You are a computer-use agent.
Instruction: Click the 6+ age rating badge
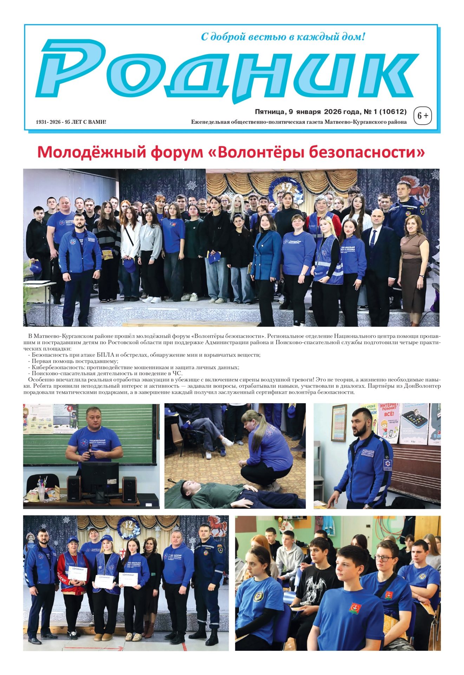[423, 115]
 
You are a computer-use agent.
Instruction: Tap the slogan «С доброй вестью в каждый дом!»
[283, 37]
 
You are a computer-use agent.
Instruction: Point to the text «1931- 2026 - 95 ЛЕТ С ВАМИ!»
[71, 122]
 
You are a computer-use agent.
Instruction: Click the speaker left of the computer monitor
[74, 489]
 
